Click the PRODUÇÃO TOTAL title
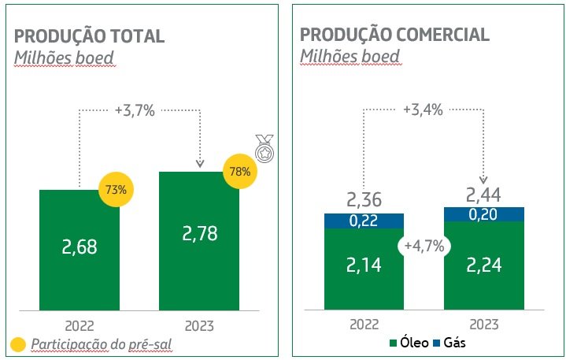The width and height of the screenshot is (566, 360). coord(90,36)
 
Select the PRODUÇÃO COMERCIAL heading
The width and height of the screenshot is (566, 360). coord(394,35)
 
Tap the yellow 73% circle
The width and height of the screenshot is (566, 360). coord(116,189)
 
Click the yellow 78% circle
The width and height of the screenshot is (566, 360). coord(241,171)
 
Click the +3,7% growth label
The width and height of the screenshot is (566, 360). coord(136,110)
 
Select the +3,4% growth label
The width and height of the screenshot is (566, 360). coord(421,109)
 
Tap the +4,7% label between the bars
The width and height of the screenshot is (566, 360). coord(424,246)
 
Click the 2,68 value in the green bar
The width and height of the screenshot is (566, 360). coord(79,247)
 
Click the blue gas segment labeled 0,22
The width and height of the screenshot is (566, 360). coord(364,221)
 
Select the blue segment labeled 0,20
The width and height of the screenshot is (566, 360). coord(484,214)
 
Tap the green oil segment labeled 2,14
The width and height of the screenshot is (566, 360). coord(364,265)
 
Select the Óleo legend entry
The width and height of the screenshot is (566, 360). coord(407,343)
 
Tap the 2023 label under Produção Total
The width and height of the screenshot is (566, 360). coord(198,325)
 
